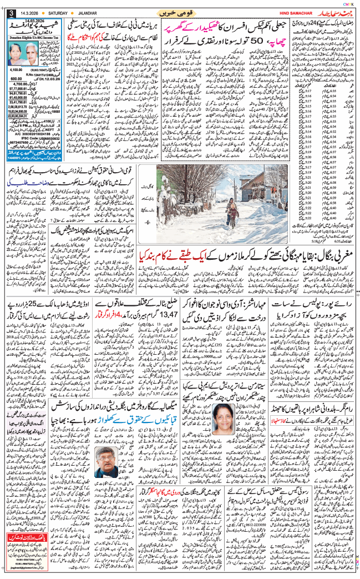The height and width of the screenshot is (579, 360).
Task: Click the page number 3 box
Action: click(10, 13)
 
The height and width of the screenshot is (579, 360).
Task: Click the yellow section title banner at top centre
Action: click(179, 12)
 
